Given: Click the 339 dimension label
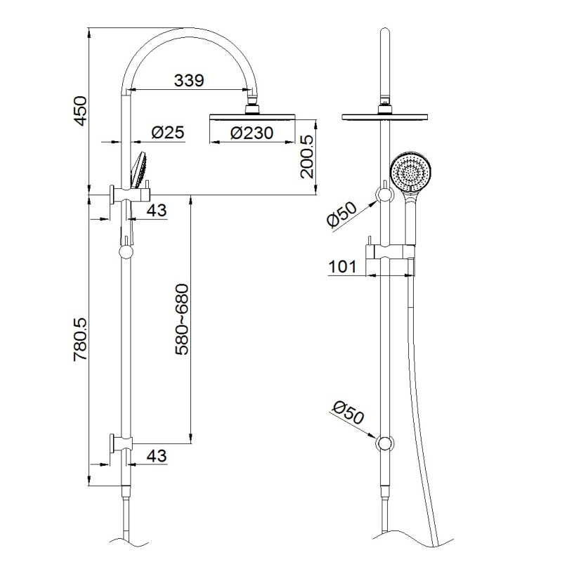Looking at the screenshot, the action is (x=189, y=80).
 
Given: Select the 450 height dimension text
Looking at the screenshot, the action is (x=80, y=111).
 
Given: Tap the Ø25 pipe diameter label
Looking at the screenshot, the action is (x=168, y=132).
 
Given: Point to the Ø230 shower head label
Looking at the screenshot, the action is (x=252, y=133).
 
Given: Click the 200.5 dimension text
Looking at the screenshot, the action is (x=307, y=157).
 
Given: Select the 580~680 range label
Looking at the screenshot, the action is (x=182, y=320).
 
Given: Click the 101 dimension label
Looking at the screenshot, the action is (x=342, y=267).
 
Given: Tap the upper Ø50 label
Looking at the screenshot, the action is (x=342, y=214).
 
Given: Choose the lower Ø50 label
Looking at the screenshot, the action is (x=348, y=412).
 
